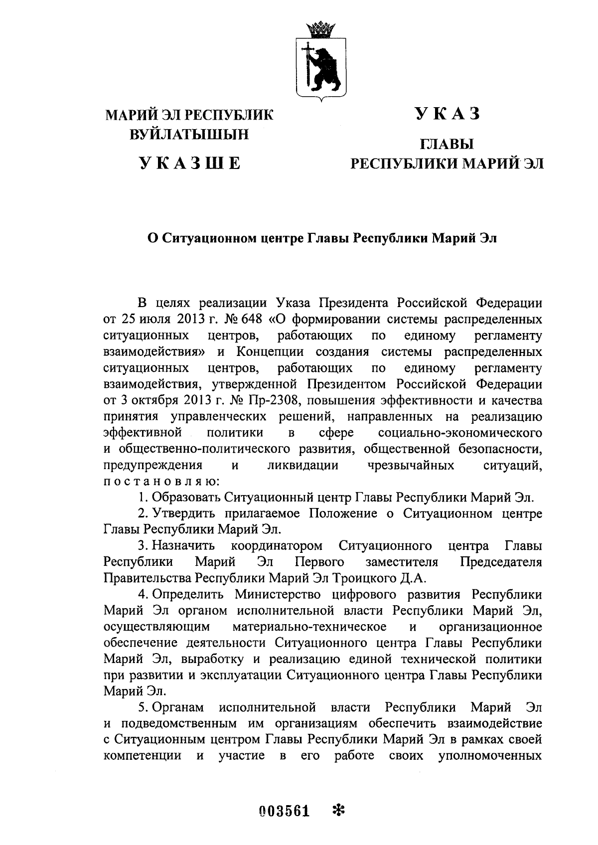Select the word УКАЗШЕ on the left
[190, 163]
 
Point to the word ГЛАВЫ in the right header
[447, 145]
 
